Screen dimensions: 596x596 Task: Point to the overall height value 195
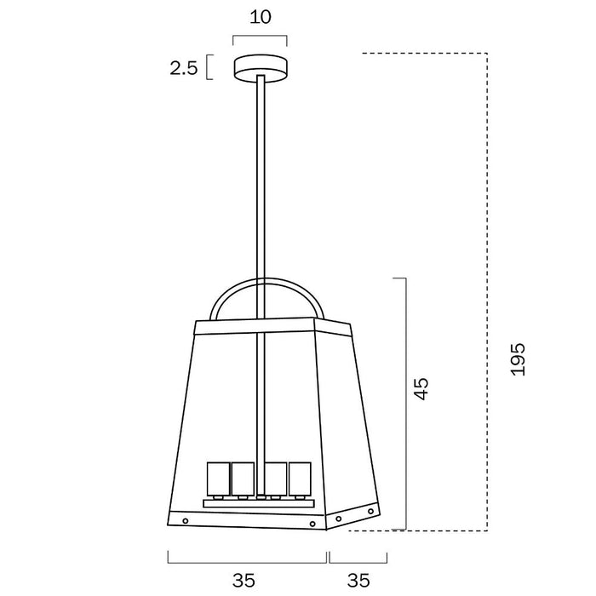(519, 360)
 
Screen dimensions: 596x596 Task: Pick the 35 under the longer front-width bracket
(244, 581)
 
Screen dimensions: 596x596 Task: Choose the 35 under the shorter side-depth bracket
(359, 581)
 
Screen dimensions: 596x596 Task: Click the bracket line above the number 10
(260, 37)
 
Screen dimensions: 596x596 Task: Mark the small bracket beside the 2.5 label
(209, 67)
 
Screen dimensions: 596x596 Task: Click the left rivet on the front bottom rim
(185, 521)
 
